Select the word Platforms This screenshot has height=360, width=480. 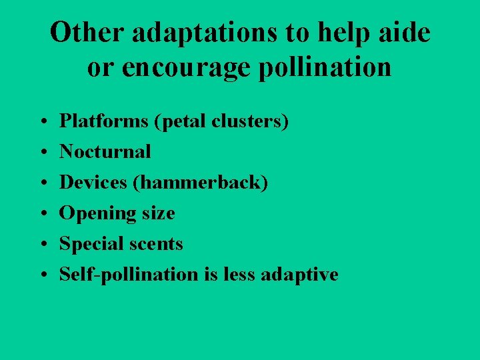point(97,121)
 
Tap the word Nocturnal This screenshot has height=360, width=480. point(105,152)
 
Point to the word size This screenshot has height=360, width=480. point(158,214)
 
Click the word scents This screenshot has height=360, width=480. point(157,244)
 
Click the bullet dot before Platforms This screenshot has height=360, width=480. point(42,123)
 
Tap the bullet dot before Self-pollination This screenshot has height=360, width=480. point(42,275)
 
